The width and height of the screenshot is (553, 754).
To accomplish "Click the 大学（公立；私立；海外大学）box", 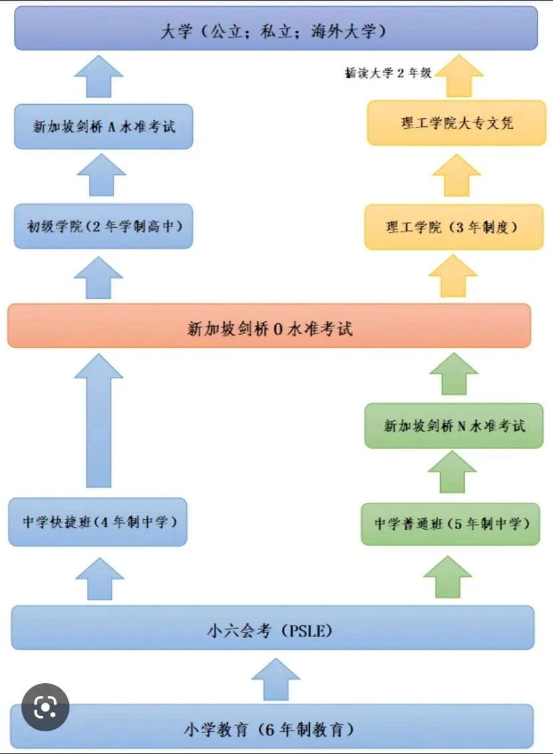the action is (276, 28).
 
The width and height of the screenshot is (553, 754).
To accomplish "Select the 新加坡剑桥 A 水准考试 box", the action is (104, 126).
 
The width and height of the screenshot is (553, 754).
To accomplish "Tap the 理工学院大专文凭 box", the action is (456, 123).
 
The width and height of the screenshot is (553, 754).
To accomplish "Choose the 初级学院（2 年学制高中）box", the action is (104, 226).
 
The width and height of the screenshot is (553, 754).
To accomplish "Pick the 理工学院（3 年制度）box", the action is (454, 227).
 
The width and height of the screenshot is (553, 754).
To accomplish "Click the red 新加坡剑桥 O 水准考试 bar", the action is (269, 325).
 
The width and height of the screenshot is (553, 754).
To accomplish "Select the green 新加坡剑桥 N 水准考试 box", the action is (454, 425).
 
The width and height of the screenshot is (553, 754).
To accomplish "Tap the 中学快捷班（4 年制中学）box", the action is (98, 522).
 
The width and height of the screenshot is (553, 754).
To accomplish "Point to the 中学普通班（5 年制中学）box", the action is (451, 524).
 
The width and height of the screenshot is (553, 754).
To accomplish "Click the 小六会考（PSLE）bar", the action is (272, 628).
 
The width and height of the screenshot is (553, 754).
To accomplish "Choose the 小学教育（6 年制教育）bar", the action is (272, 727).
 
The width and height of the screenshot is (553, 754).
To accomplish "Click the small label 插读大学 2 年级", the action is (388, 73).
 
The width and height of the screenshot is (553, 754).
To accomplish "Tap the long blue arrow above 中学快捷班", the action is (99, 421).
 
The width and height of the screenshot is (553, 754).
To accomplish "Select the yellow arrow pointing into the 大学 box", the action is (459, 76).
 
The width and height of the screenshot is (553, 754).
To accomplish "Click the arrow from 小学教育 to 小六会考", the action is (276, 679).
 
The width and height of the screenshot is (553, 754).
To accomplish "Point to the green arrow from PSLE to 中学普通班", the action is (447, 577).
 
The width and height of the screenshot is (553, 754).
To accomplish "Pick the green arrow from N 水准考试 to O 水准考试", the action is (454, 374).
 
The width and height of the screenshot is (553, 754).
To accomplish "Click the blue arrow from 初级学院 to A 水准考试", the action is (102, 175).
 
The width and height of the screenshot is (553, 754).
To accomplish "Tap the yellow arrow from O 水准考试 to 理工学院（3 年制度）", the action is (453, 276).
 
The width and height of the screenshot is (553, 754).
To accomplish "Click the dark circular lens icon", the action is (45, 707).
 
